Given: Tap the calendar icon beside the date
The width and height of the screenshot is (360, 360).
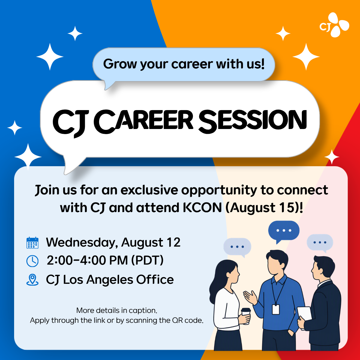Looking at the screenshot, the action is click(x=32, y=243).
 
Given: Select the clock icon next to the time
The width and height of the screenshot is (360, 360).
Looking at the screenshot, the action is click(x=32, y=261).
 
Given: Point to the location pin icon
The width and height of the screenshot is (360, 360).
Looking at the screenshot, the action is click(x=32, y=280).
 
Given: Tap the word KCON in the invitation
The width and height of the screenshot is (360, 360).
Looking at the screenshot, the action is click(x=202, y=208).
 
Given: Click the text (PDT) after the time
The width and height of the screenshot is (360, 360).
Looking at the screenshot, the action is click(x=147, y=260).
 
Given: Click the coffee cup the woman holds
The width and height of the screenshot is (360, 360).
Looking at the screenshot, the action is click(x=246, y=316).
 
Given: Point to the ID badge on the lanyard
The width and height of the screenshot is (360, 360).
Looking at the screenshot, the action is click(x=276, y=309).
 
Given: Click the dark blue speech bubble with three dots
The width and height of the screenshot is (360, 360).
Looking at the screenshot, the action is click(x=284, y=231).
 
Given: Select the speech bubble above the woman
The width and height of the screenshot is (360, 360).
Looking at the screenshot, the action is click(x=237, y=247).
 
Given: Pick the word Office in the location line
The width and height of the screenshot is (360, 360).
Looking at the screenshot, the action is click(x=155, y=280).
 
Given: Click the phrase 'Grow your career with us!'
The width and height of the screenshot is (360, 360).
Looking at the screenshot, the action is click(x=184, y=64).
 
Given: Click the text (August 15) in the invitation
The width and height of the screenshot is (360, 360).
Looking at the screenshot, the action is click(x=262, y=208).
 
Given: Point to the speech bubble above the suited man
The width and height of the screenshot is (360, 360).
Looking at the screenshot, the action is click(x=320, y=242).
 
